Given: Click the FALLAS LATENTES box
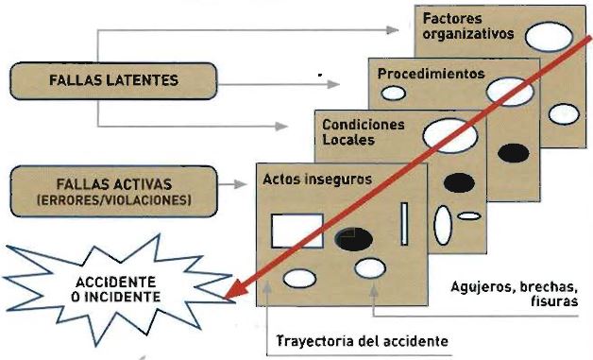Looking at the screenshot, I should pos(113,79).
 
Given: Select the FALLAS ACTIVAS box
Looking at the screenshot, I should pos(114,186).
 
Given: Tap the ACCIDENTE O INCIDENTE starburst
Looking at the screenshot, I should pos(112,289).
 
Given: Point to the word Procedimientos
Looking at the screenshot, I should pos(431,73).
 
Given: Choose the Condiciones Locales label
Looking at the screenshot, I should pos(363,131).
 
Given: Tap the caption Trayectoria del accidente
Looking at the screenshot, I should pos(362,340).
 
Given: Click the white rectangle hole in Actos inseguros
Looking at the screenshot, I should pos(297,231).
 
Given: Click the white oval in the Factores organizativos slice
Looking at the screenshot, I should pos(548,37).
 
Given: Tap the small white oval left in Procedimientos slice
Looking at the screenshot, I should pos(393,94).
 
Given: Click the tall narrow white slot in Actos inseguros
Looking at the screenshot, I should pos(404,224).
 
